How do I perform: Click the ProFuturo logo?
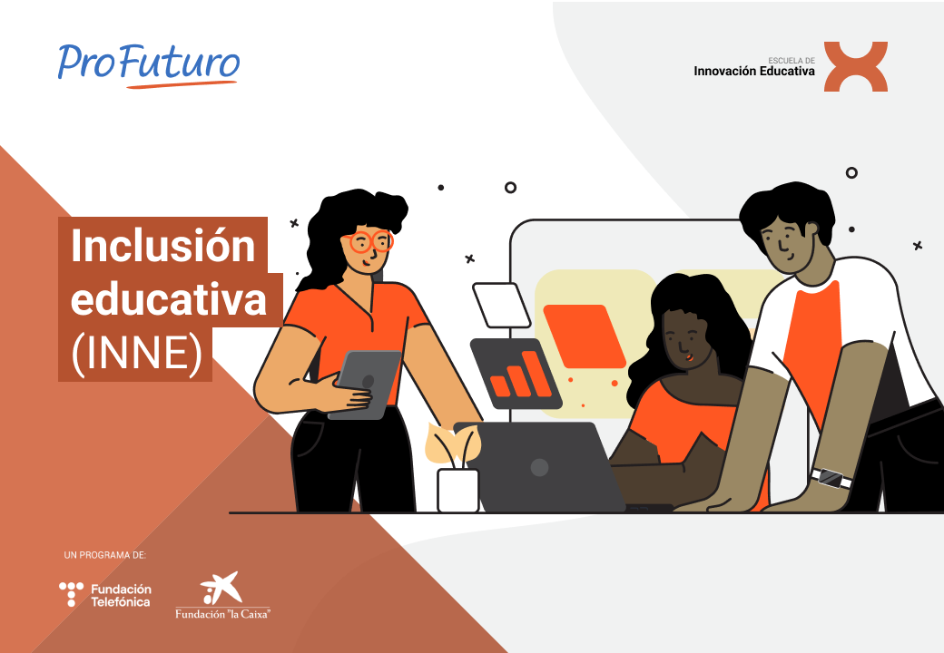(x=149, y=65)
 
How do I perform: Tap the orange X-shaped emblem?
(x=855, y=67)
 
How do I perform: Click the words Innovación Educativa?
(x=753, y=71)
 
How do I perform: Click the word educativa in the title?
(x=169, y=299)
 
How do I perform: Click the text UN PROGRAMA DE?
(x=104, y=555)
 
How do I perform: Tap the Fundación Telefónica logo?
(x=104, y=595)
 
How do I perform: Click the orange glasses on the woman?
(x=371, y=242)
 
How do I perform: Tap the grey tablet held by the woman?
(x=366, y=385)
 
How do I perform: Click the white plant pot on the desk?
(x=458, y=491)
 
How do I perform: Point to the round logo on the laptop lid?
(x=539, y=467)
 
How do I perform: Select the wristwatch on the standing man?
(x=831, y=478)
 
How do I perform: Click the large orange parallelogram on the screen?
(x=585, y=336)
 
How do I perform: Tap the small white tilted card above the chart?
(x=501, y=306)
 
